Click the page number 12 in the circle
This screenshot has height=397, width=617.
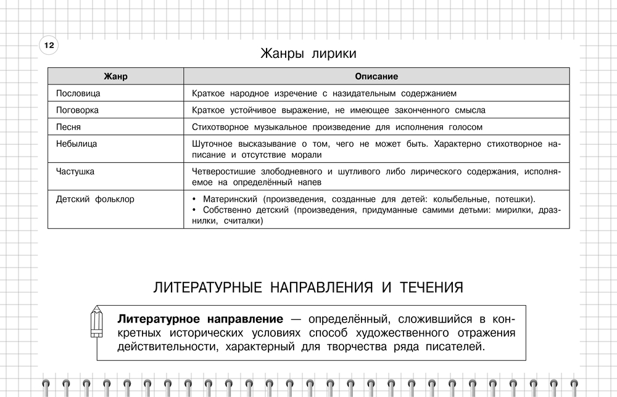point(49,46)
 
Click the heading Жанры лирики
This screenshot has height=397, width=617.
point(308,54)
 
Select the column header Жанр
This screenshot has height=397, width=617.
point(115,77)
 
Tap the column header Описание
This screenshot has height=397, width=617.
point(376,77)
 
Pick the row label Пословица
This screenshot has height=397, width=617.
point(78,94)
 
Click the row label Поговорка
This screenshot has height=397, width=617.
point(77,110)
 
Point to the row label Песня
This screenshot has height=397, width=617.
point(68,127)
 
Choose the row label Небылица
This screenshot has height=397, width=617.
point(77,144)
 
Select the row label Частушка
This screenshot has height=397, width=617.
point(75,171)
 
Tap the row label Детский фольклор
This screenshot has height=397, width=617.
point(95,199)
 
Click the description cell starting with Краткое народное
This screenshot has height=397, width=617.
point(324,94)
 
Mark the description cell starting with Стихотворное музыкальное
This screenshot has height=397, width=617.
point(337,127)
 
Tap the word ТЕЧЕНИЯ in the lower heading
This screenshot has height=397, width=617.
point(432,288)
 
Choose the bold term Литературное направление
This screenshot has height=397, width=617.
point(200,320)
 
